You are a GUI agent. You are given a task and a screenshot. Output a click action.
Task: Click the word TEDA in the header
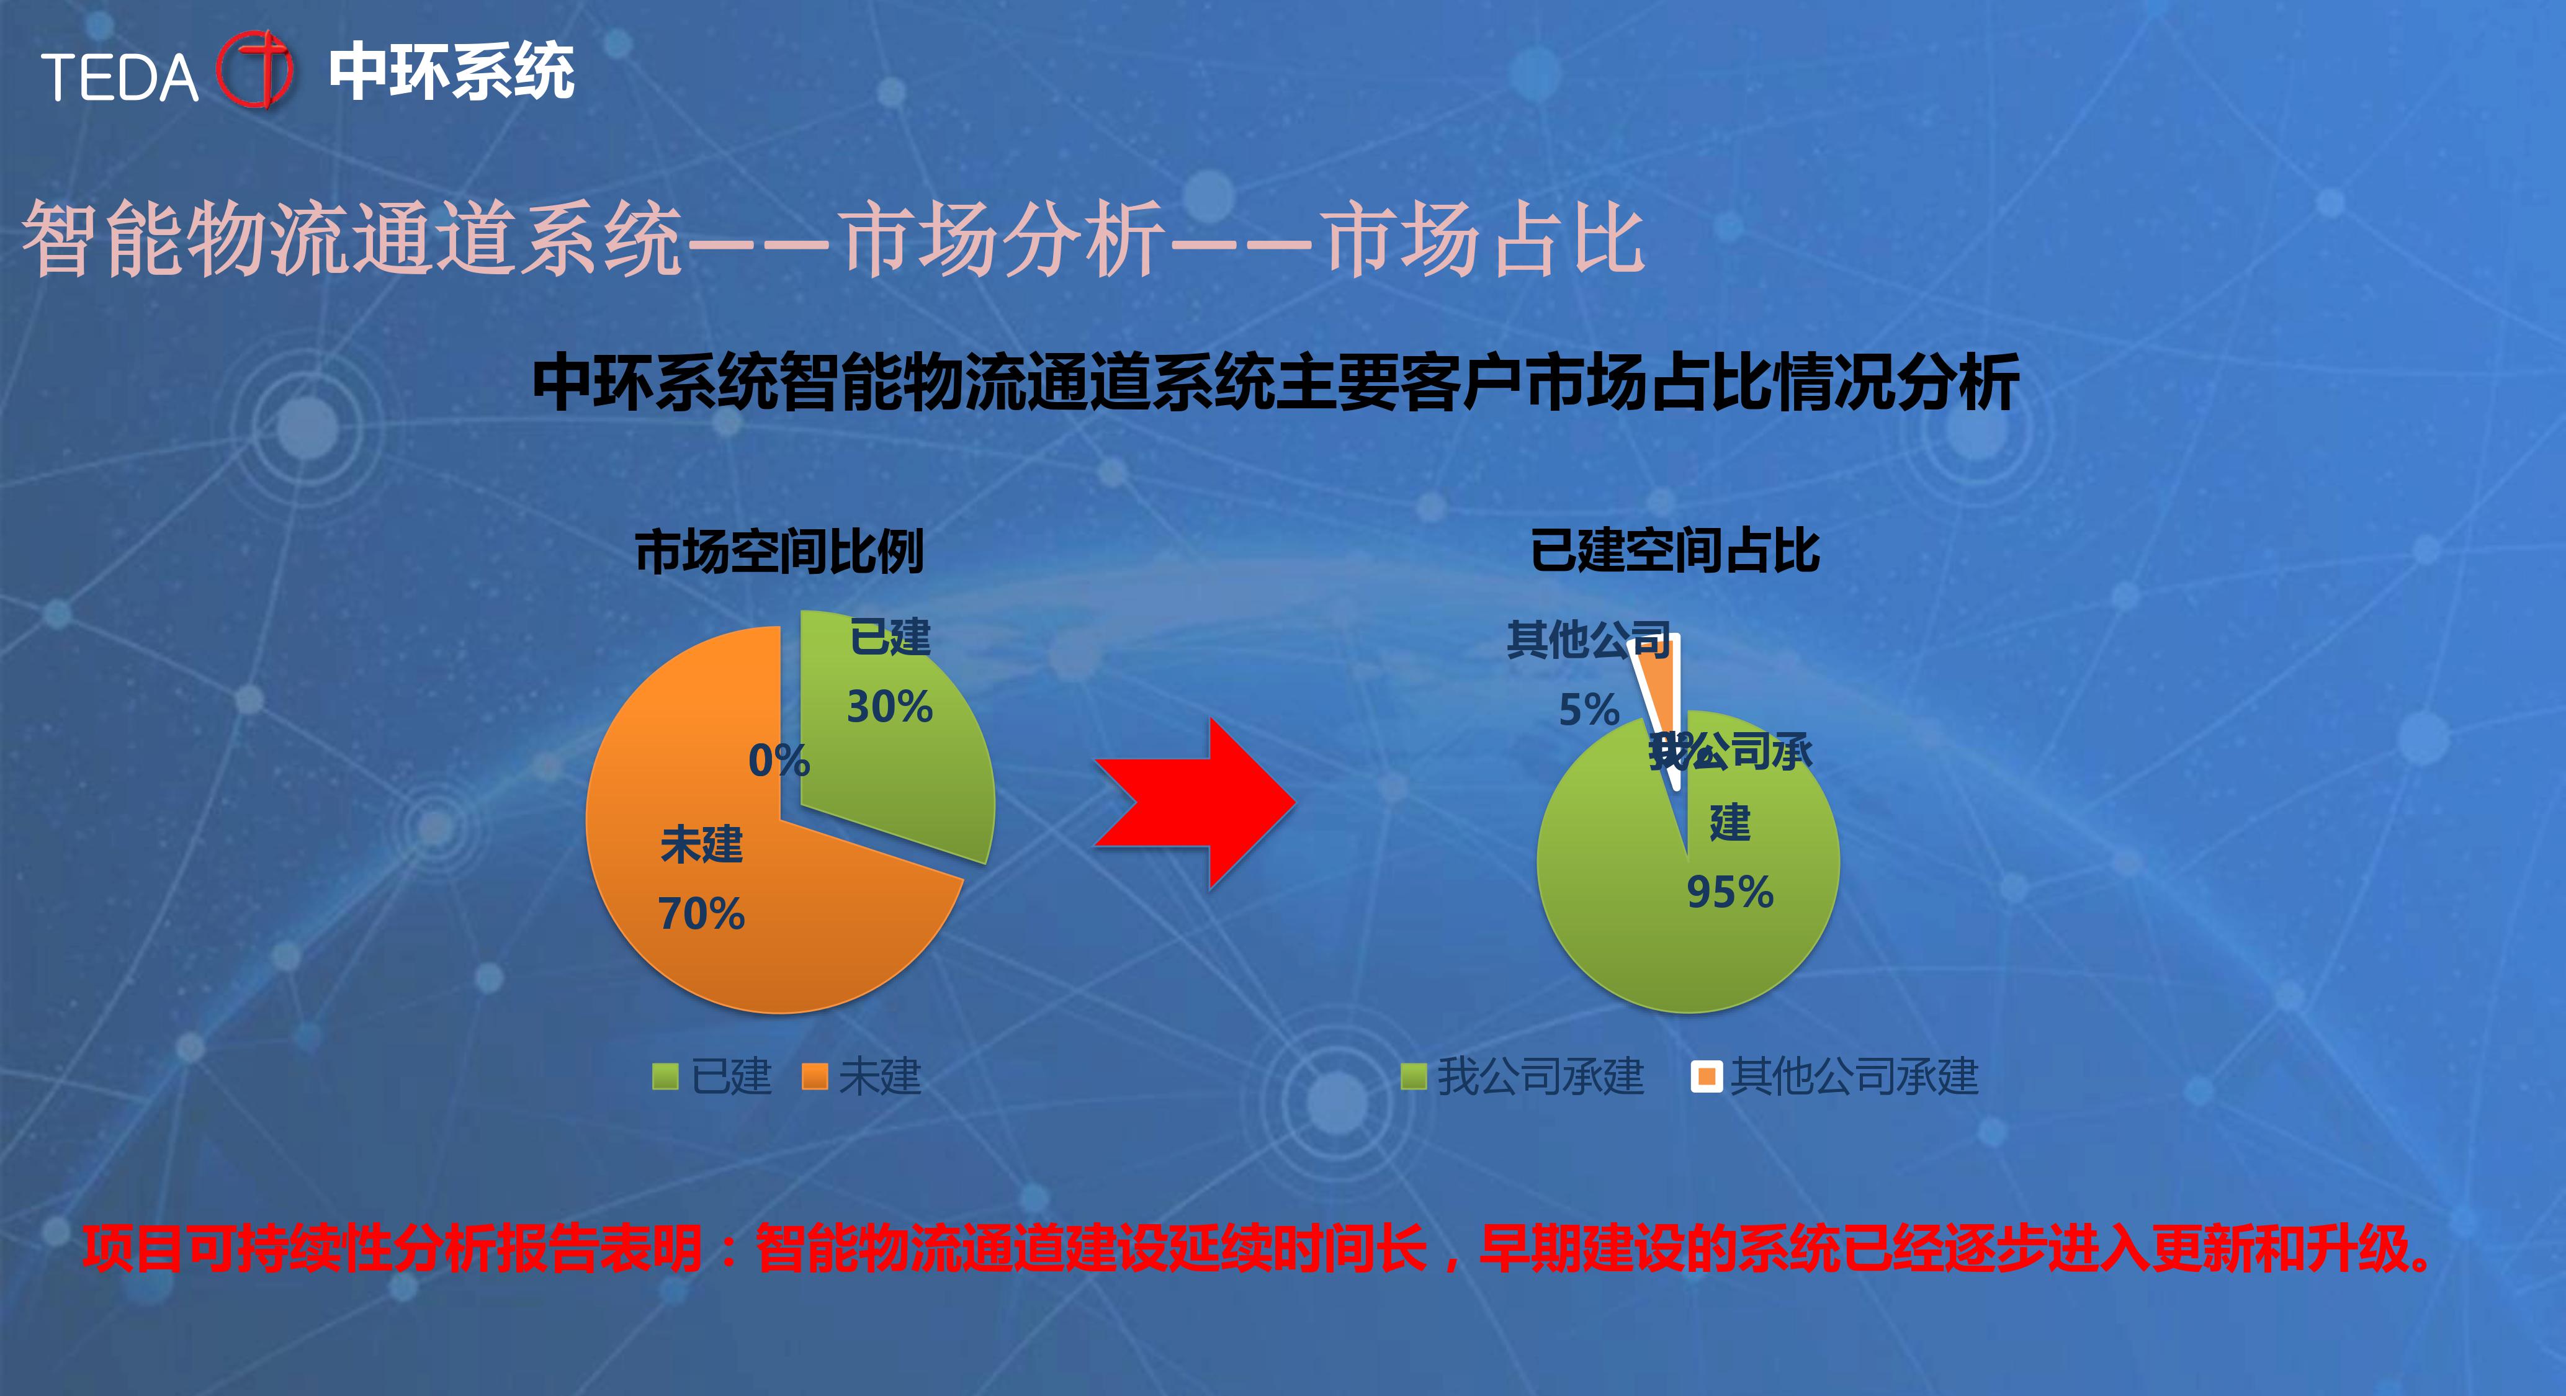(120, 78)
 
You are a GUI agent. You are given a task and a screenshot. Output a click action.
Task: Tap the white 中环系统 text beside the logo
(451, 72)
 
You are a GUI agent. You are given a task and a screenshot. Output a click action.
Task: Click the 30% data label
(889, 707)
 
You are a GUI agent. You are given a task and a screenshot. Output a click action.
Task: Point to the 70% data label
(701, 914)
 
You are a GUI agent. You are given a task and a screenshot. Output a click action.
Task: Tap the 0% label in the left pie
(779, 761)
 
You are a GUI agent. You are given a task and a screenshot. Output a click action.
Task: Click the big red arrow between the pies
(1195, 803)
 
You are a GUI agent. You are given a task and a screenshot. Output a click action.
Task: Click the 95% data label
(1730, 892)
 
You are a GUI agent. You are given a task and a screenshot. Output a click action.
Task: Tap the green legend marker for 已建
(665, 1076)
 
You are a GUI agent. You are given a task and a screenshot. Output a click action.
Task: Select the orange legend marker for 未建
(815, 1076)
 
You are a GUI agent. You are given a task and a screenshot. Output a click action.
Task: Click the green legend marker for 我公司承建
(1414, 1076)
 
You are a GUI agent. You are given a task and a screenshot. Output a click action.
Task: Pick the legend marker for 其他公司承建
(1707, 1076)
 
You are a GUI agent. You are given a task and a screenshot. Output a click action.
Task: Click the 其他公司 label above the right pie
(1589, 640)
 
